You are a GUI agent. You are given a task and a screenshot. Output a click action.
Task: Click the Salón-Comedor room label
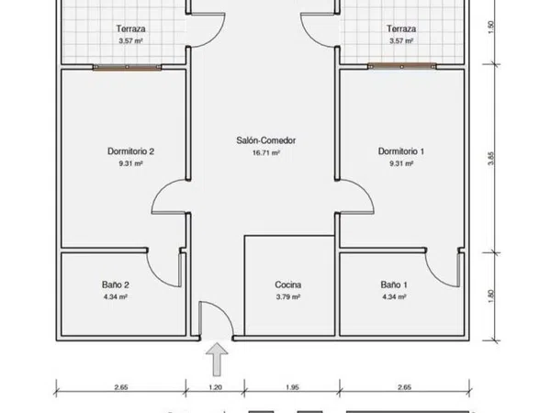click(265, 140)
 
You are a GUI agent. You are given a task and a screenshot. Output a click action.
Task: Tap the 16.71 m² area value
click(266, 152)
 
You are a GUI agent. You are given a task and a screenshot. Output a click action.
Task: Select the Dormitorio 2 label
click(130, 151)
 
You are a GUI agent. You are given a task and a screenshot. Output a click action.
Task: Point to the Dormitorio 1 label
click(401, 151)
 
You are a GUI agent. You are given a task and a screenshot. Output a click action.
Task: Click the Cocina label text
click(288, 285)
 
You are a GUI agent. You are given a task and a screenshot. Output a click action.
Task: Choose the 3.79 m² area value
click(288, 296)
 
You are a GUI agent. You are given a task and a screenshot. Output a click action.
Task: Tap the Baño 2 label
click(116, 285)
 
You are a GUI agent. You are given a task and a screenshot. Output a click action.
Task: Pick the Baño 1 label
click(394, 285)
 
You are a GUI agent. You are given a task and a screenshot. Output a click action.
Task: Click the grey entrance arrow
click(217, 359)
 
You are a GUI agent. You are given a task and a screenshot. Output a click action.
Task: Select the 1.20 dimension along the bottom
click(215, 387)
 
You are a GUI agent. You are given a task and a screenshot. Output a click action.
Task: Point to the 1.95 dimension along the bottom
click(292, 387)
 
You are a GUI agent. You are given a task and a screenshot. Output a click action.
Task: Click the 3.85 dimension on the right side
click(491, 158)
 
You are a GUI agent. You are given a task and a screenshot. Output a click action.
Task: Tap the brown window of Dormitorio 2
click(128, 67)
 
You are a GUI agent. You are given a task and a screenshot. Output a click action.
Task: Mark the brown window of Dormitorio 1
click(402, 66)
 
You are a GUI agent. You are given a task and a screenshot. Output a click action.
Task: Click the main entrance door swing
click(225, 313)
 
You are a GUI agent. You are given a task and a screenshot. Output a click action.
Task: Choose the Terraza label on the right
click(401, 28)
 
